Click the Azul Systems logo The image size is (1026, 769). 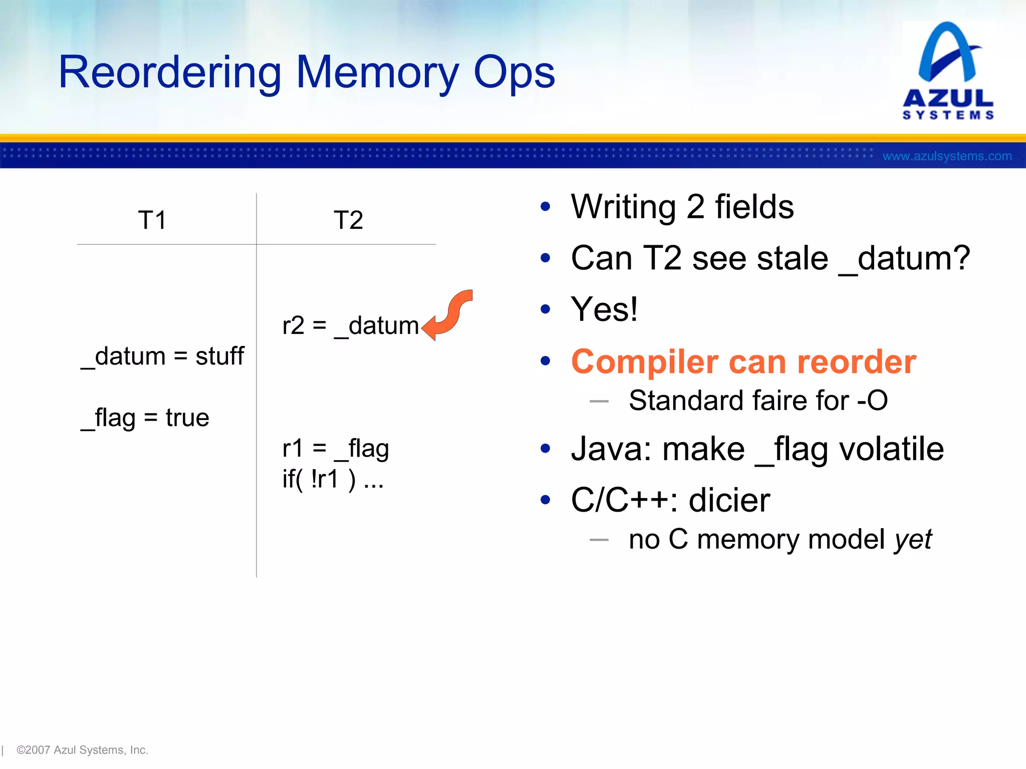coord(948,70)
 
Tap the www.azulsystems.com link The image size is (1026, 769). coord(947,156)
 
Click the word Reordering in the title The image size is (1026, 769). coord(170,73)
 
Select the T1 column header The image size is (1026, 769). coord(152,220)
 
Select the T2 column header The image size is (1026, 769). coord(348,220)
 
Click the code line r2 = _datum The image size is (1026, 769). coord(350,326)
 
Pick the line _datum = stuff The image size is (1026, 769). coord(163,356)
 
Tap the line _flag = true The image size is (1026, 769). coord(145,418)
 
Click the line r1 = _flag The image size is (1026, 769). coord(335,449)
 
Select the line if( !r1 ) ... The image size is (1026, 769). coord(333,479)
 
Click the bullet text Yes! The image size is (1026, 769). coord(604,309)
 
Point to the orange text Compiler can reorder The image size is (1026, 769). coord(743,361)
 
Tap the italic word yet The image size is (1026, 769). coord(913,540)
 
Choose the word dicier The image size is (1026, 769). coord(729,500)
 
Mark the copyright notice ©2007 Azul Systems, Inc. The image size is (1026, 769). coord(82,749)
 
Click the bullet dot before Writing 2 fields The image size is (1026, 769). coord(546,206)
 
